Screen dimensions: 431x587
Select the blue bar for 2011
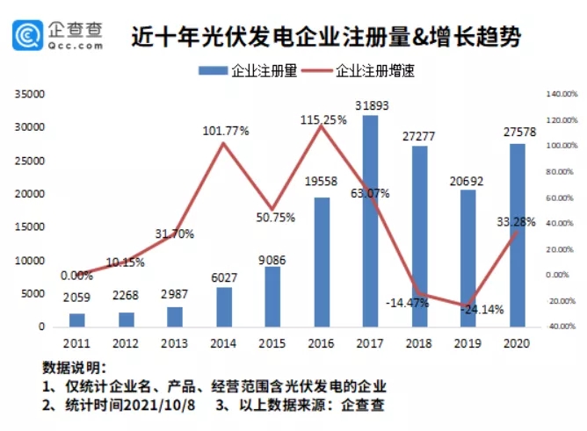(x=77, y=320)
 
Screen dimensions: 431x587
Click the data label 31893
(x=371, y=106)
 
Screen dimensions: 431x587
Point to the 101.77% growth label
(x=225, y=131)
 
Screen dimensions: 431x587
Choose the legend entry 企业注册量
(x=255, y=71)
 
